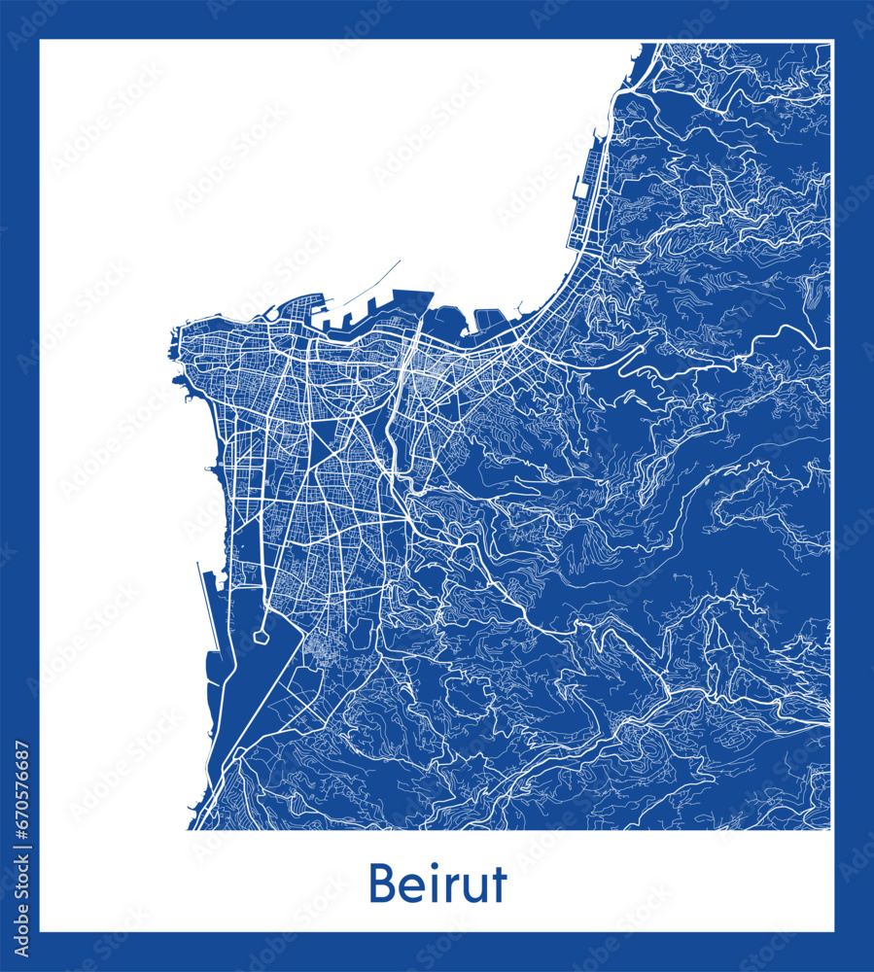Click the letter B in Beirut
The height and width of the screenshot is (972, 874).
(x=382, y=885)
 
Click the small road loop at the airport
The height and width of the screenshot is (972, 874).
(x=261, y=638)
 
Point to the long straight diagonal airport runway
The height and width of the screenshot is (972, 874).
(x=243, y=700)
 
